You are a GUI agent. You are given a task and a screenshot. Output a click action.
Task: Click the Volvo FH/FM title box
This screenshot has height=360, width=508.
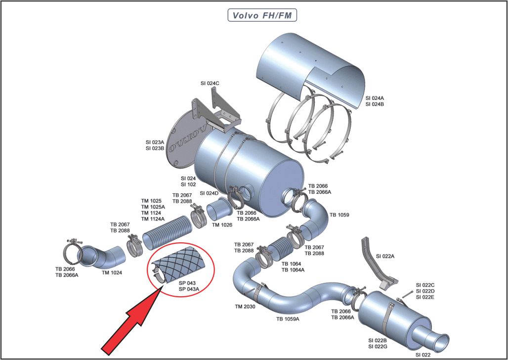tap(262, 15)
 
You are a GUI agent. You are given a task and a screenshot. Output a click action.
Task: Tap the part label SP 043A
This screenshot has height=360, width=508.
tap(190, 289)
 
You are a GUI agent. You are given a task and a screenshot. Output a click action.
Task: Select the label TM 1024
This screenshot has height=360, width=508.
tap(112, 272)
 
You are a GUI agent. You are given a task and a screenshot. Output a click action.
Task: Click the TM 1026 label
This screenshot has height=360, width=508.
tap(222, 225)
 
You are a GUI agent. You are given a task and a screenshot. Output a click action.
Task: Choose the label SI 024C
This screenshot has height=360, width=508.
tap(210, 84)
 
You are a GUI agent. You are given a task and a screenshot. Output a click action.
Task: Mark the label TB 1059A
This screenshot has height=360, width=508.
tap(288, 319)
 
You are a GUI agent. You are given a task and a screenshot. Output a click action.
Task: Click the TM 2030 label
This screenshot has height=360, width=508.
tap(245, 307)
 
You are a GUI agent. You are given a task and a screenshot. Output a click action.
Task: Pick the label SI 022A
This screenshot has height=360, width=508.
tap(385, 256)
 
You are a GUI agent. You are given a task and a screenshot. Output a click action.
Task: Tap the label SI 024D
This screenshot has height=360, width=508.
tap(209, 193)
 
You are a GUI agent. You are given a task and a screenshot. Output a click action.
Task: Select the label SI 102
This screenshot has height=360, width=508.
tap(188, 184)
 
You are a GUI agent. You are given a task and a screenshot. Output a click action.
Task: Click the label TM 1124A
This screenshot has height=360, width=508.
tap(153, 219)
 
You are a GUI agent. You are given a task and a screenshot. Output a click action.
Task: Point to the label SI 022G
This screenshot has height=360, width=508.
tap(378, 346)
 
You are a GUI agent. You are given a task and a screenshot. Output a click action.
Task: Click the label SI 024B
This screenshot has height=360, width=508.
tap(375, 104)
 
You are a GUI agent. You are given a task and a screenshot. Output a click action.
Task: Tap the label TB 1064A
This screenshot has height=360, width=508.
tap(293, 270)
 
